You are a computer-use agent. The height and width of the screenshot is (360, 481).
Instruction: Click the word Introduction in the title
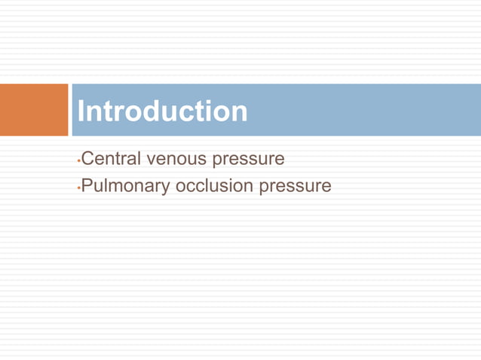pos(162,111)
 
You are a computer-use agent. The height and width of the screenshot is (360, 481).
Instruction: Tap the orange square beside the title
pos(33,110)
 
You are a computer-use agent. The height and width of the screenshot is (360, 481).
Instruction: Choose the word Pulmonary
pos(124,185)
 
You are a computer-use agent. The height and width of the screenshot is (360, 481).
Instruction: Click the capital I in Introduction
pos(81,111)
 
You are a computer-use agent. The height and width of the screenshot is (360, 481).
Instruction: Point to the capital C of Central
pos(87,160)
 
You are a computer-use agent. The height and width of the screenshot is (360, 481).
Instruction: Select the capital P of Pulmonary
pos(87,185)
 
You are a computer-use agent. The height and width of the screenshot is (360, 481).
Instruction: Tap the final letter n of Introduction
pos(238,113)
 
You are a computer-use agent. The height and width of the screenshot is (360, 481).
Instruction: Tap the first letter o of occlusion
pos(181,186)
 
